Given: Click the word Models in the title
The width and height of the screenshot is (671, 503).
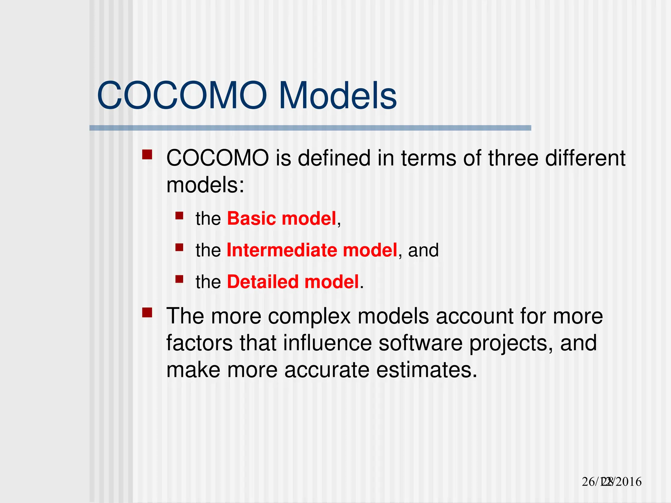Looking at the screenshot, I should click(337, 96).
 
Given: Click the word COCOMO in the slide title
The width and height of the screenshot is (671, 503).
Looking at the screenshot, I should click(182, 96).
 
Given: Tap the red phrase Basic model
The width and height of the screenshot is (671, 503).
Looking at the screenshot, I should click(281, 218).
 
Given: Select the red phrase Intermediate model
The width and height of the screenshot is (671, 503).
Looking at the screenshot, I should click(312, 250).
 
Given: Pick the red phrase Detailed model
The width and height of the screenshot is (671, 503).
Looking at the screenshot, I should click(293, 282).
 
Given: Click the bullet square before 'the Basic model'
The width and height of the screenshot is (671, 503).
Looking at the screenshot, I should click(179, 215).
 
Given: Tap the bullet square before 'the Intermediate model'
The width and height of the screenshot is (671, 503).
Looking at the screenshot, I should click(179, 247).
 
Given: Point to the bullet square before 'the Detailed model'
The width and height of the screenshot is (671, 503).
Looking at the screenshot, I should click(179, 279).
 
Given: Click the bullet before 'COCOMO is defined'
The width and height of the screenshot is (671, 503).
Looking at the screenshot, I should click(147, 155).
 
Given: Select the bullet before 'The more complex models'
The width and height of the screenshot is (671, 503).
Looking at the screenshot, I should click(147, 312).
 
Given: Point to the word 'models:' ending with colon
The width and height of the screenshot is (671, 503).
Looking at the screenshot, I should click(205, 185).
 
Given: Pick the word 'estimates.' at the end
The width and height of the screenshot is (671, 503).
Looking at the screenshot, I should click(427, 370).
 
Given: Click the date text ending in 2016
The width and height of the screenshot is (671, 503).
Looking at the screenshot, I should click(611, 482).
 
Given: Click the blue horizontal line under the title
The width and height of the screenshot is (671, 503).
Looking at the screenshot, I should click(310, 128).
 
